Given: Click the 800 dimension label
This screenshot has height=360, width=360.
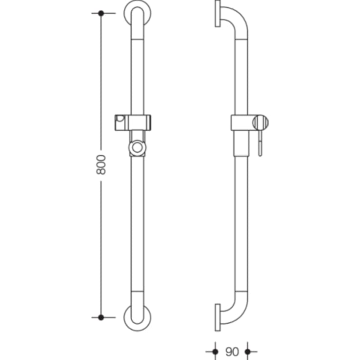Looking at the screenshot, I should tap(101, 165).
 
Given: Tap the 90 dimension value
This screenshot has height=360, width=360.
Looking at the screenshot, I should tap(231, 351).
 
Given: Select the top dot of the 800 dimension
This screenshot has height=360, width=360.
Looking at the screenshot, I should tap(101, 13).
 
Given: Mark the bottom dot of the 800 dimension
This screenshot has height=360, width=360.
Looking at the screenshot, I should tap(101, 317).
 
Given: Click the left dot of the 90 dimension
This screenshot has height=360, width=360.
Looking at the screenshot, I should tap(215, 351).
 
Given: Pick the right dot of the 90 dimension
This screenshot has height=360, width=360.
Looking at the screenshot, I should tap(248, 351).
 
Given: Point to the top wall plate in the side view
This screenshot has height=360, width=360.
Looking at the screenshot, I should tap(217, 14).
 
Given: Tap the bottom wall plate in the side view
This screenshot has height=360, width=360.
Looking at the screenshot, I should tap(217, 317).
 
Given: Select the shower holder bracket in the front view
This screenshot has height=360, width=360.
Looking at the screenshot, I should tap(133, 122).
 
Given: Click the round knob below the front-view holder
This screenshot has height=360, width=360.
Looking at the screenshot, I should tap(138, 147).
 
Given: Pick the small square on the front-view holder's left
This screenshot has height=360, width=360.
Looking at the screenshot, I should tap(120, 118).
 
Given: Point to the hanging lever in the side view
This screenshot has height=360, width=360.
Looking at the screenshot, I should tap(261, 144).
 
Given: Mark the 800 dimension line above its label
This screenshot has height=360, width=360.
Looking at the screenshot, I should tap(101, 83).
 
